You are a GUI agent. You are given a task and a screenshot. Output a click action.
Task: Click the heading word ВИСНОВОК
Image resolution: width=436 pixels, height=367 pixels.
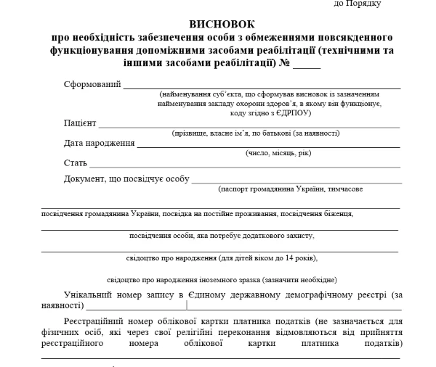pyautogui.click(x=222, y=24)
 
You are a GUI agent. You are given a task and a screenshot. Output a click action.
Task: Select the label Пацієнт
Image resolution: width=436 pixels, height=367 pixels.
pyautogui.click(x=80, y=123)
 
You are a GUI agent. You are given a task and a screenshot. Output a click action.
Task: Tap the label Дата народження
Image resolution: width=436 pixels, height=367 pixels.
pyautogui.click(x=100, y=143)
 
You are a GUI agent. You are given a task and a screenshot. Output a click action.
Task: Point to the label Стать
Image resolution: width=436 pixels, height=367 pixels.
pyautogui.click(x=75, y=162)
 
